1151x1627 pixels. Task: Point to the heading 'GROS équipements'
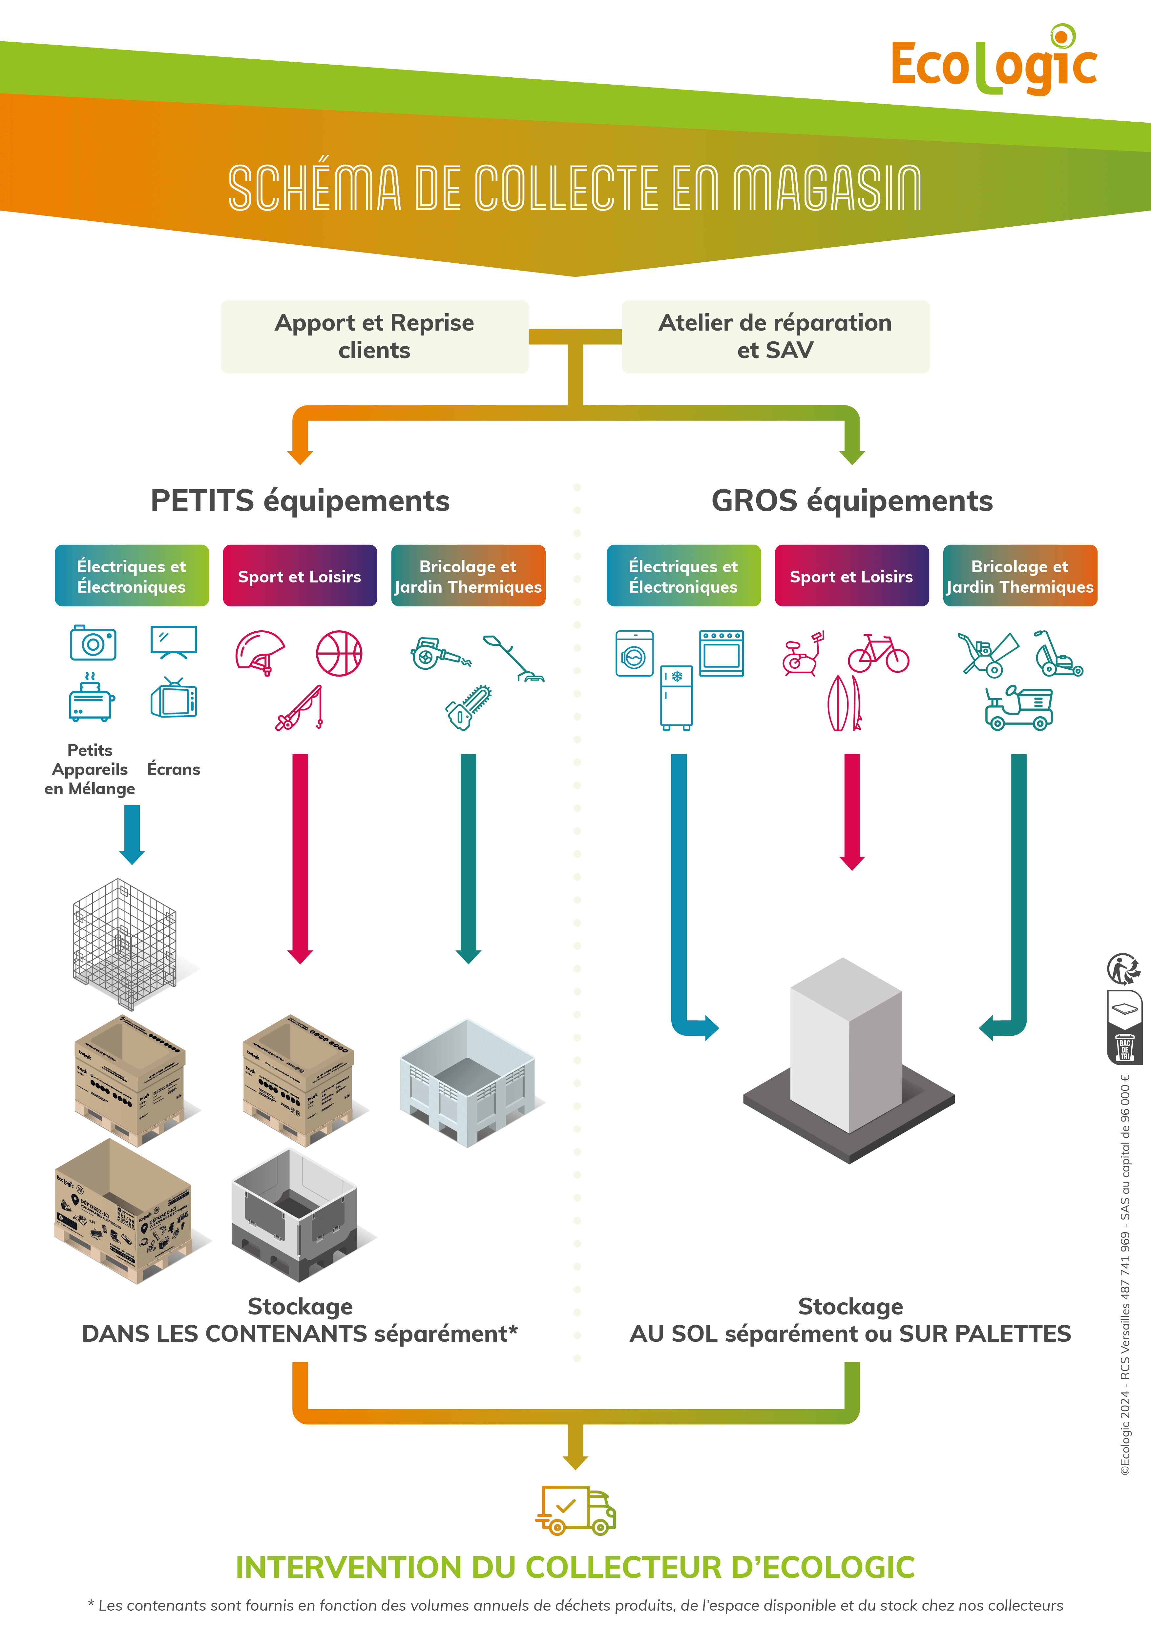pos(852,500)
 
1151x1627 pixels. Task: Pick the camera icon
pos(93,643)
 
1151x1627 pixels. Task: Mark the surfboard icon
pos(844,703)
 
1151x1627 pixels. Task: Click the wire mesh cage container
pos(125,943)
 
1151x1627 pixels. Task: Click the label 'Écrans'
pos(174,770)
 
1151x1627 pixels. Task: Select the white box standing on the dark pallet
pos(846,1045)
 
